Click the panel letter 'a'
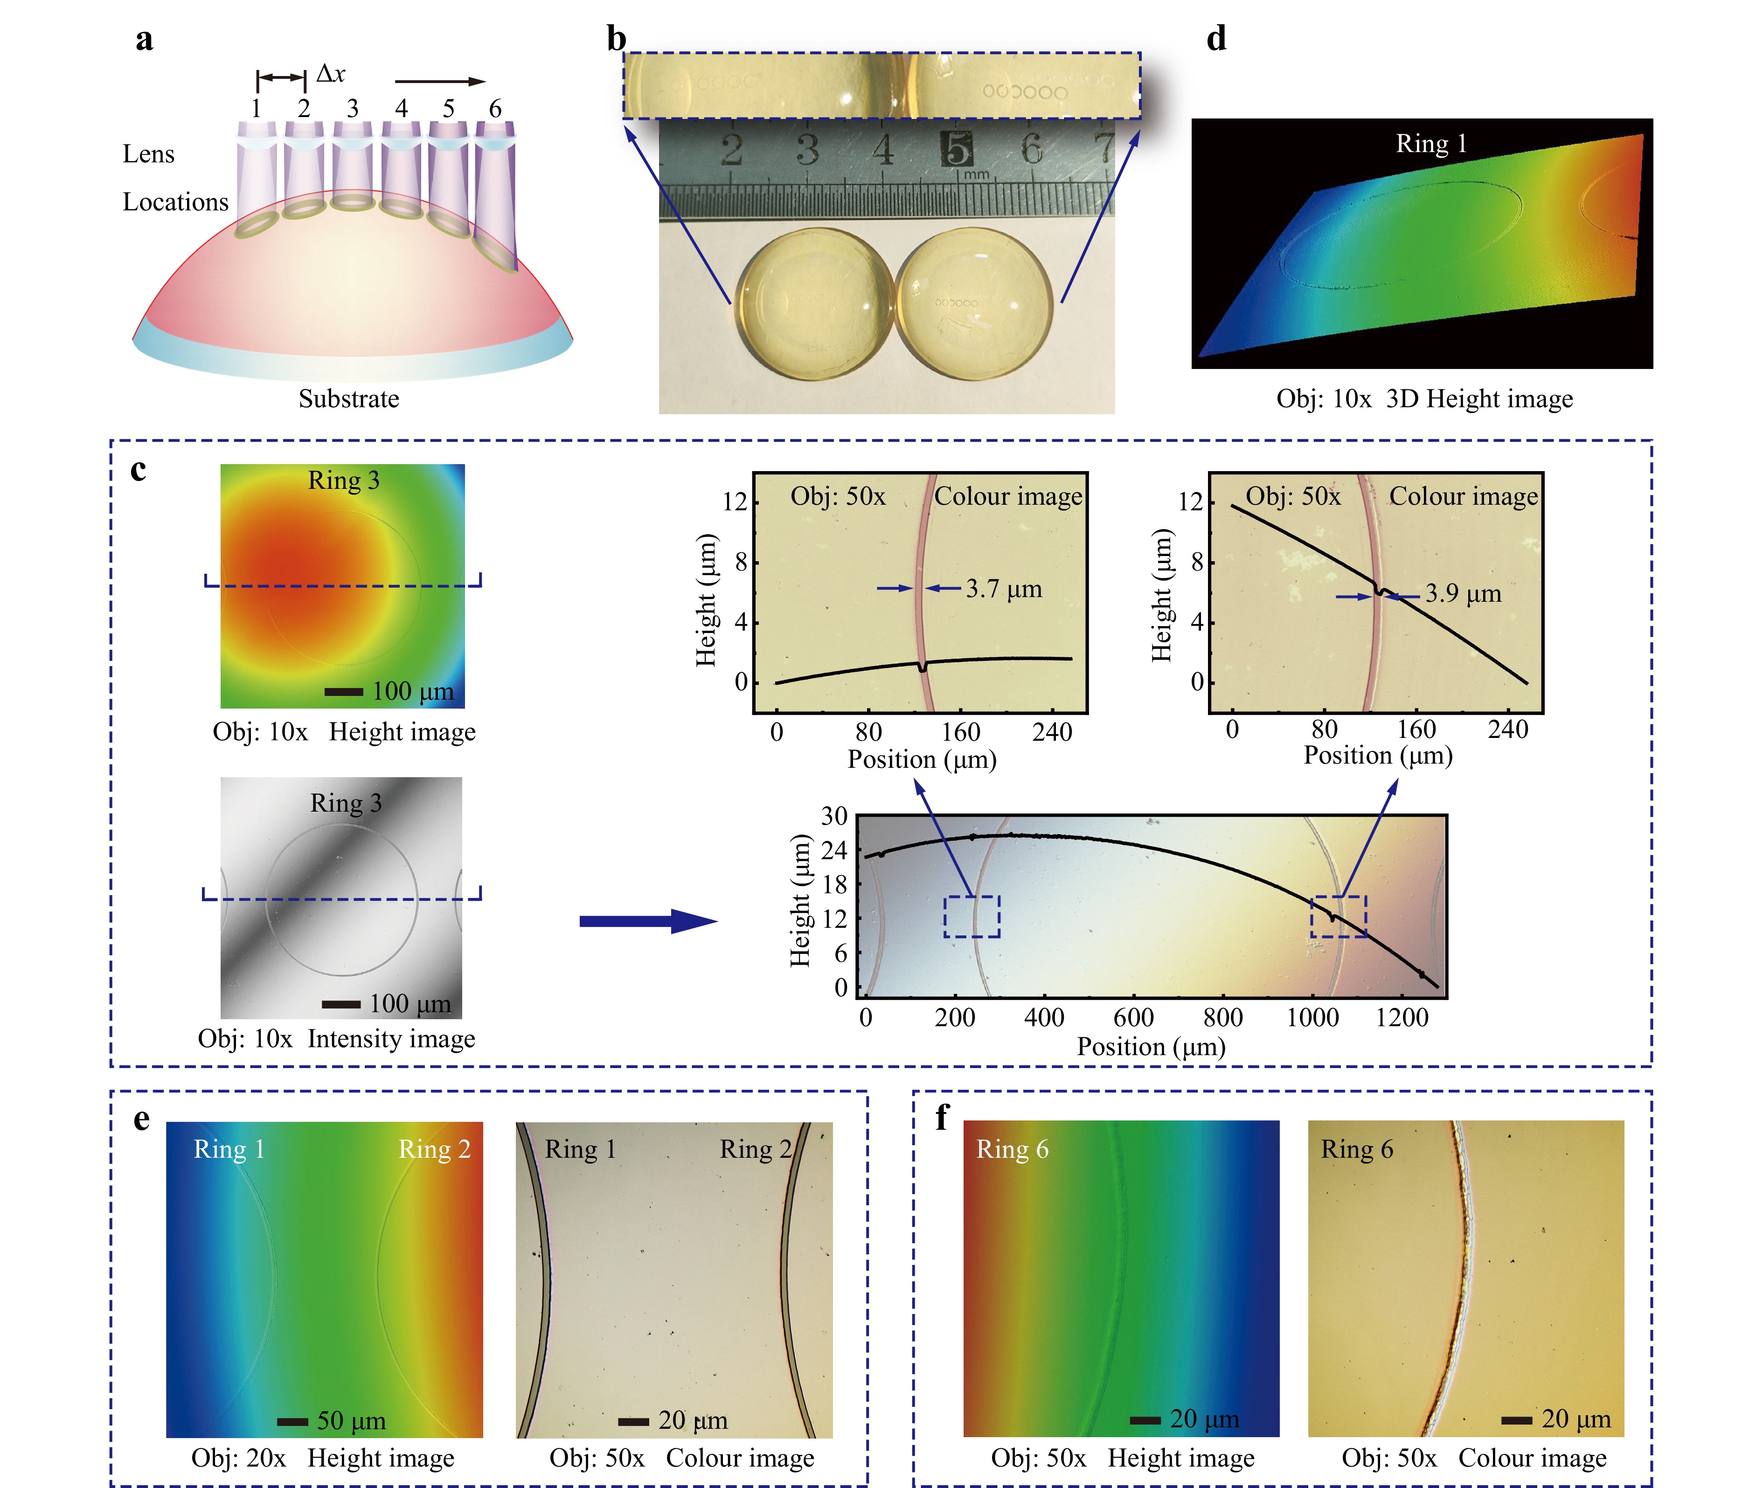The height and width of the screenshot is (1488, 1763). click(x=144, y=40)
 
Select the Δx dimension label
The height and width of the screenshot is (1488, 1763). click(x=330, y=74)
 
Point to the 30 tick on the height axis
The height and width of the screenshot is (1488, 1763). click(x=834, y=816)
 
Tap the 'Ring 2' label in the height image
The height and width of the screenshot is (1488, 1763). click(x=434, y=1149)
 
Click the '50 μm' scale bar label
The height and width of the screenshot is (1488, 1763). click(x=351, y=1420)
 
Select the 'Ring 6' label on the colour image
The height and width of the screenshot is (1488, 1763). click(x=1356, y=1149)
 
